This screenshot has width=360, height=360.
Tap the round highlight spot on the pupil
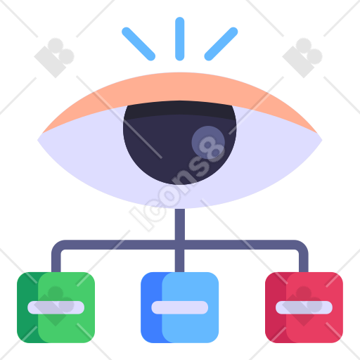208,142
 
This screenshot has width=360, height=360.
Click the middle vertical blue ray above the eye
180,39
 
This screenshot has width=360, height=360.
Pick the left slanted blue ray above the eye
139,44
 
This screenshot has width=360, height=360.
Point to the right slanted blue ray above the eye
221,44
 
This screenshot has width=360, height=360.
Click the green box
56,307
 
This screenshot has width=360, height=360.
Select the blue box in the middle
180,307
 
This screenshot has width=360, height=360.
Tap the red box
304,307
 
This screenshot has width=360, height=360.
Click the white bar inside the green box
56,307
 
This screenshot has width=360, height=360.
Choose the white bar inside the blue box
180,307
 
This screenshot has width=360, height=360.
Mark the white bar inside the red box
304,307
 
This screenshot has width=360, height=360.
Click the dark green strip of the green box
27,307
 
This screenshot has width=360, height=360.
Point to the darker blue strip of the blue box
151,307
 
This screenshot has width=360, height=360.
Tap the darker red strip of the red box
276,307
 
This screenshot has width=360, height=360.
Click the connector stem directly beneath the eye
180,224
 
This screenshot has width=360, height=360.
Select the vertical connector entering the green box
56,260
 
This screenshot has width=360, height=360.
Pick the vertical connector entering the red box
304,260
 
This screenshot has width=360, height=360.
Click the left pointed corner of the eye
38,140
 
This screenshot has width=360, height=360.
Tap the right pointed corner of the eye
322,140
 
